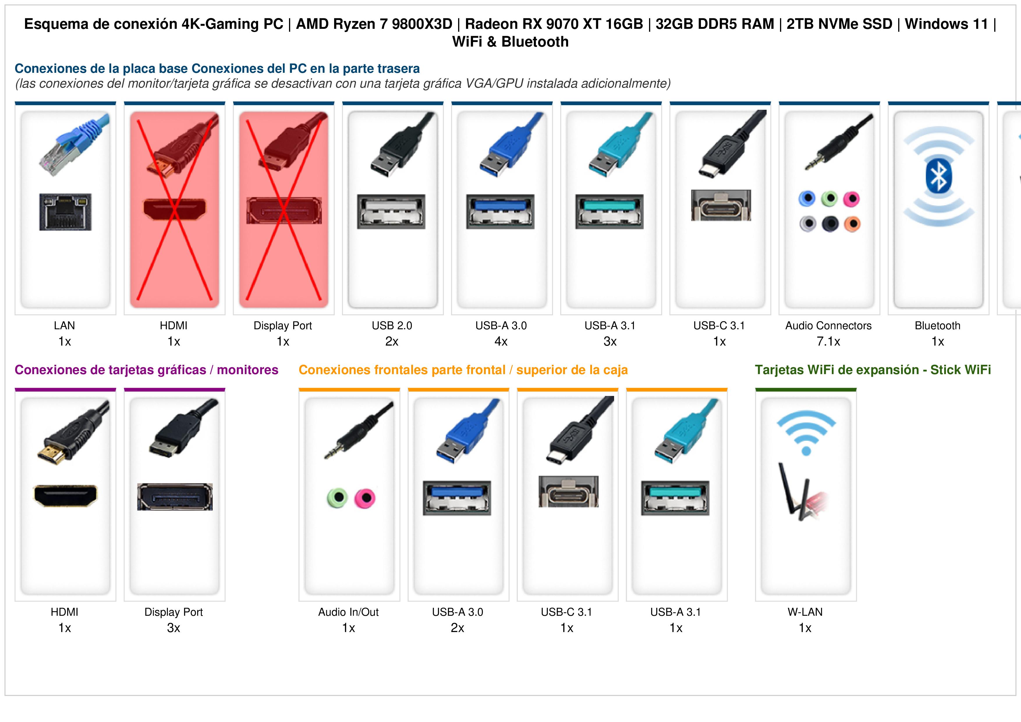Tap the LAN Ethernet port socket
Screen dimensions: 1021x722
point(65,212)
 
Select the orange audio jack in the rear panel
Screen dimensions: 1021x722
point(852,224)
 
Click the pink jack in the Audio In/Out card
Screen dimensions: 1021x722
point(365,498)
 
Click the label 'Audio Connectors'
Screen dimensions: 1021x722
point(828,326)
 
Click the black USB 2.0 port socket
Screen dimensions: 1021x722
point(391,212)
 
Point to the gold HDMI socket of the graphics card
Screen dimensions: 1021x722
point(65,496)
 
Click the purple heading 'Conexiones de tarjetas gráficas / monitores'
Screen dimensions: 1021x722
point(146,370)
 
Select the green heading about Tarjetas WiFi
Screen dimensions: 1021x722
point(873,370)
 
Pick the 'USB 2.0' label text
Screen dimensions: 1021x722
point(392,326)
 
